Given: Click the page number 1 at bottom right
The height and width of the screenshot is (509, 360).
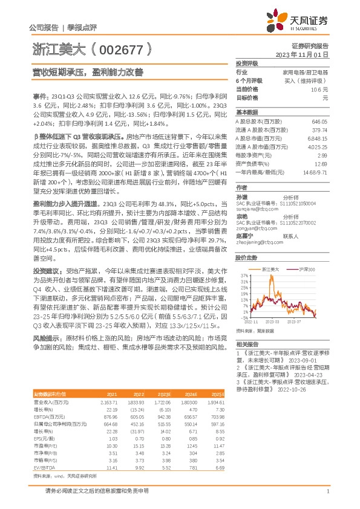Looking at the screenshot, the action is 327,490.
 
